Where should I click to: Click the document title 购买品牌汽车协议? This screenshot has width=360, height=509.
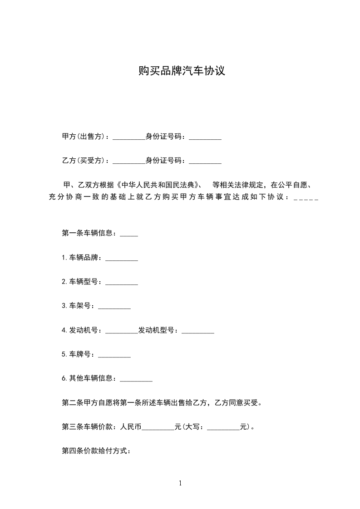182,71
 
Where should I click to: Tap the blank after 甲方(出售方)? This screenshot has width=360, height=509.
128,137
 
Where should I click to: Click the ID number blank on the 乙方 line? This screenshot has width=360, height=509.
205,161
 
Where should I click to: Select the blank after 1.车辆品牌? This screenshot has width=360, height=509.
121,259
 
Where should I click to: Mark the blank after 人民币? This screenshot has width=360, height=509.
158,428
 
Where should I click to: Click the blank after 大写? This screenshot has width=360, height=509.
223,428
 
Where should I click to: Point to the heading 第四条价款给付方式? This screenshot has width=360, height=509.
96,451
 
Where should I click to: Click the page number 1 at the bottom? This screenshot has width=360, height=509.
180,483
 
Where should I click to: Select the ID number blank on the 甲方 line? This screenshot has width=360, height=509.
205,137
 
